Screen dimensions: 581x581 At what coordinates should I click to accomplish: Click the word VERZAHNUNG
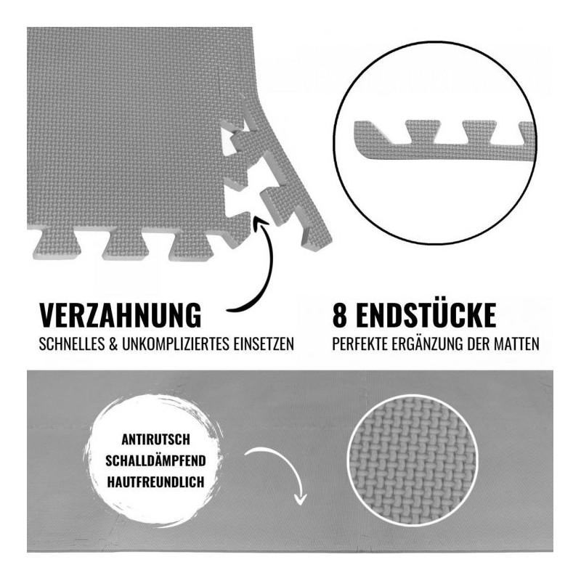120,315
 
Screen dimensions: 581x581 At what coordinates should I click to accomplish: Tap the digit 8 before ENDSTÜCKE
339,315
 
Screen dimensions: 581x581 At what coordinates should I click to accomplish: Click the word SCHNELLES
72,344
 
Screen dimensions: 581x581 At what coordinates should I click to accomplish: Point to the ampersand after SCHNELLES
113,344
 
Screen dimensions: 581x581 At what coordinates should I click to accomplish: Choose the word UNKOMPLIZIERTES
176,344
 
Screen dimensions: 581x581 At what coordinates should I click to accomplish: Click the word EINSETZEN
264,344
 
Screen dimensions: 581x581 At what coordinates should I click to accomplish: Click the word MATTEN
516,344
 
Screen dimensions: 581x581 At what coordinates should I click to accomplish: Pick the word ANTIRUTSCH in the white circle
155,440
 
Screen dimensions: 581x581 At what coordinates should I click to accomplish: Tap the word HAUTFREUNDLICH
155,482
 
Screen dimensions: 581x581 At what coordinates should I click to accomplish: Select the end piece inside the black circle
444,142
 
